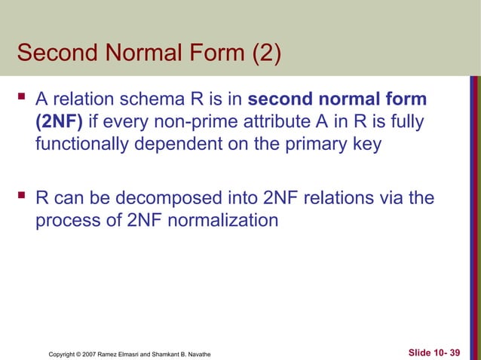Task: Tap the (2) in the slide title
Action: [x=259, y=53]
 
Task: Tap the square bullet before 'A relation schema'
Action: [x=20, y=99]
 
